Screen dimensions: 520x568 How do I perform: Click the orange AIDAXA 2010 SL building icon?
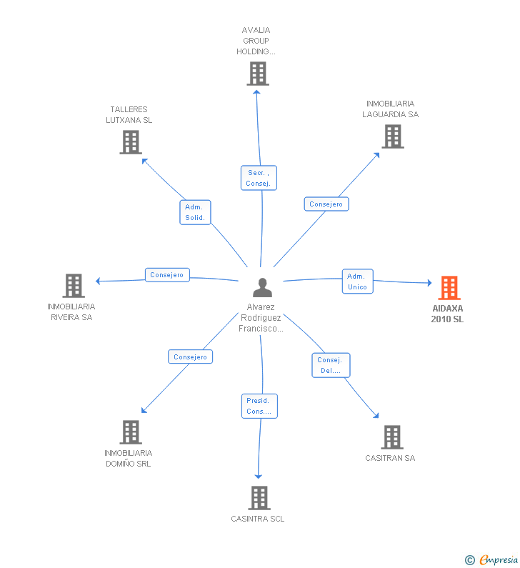pyautogui.click(x=449, y=288)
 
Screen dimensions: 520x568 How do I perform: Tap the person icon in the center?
pyautogui.click(x=262, y=287)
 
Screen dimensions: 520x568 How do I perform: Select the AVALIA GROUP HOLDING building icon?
pyautogui.click(x=257, y=74)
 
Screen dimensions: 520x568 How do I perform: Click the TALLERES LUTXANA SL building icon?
pyautogui.click(x=130, y=142)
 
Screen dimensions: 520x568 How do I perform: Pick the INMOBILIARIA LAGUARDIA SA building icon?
pyautogui.click(x=392, y=136)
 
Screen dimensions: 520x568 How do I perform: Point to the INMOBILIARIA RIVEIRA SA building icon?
pyautogui.click(x=73, y=286)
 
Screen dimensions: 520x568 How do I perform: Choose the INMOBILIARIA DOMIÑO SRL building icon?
pyautogui.click(x=130, y=432)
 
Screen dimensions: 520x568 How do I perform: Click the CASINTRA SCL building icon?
pyautogui.click(x=259, y=498)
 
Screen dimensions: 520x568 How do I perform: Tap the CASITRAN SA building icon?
pyautogui.click(x=391, y=437)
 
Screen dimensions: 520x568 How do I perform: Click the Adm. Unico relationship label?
pyautogui.click(x=357, y=281)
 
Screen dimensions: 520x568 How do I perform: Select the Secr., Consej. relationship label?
pyautogui.click(x=258, y=178)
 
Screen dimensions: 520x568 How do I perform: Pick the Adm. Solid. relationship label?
pyautogui.click(x=195, y=212)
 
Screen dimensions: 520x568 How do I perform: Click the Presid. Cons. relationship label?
pyautogui.click(x=259, y=406)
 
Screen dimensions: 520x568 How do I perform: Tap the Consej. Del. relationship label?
pyautogui.click(x=330, y=365)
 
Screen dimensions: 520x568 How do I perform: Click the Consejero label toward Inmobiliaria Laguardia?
pyautogui.click(x=326, y=204)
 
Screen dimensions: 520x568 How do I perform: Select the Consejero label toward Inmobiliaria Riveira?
pyautogui.click(x=167, y=275)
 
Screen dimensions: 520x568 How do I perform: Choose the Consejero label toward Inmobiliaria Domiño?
pyautogui.click(x=190, y=357)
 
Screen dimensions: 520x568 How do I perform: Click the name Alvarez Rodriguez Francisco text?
pyautogui.click(x=261, y=318)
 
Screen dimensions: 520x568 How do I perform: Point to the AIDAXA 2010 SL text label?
pyautogui.click(x=447, y=314)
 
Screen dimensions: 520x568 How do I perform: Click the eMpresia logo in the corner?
pyautogui.click(x=492, y=559)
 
